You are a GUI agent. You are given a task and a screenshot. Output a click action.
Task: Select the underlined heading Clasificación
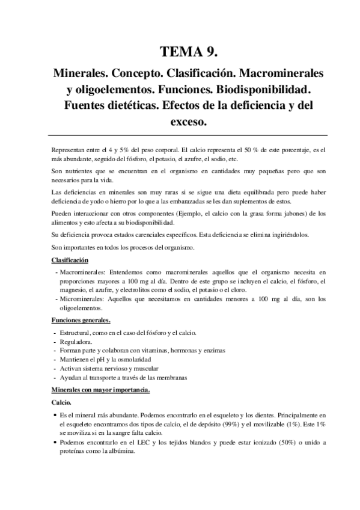(70, 260)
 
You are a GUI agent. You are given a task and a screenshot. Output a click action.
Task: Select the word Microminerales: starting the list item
(84, 298)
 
